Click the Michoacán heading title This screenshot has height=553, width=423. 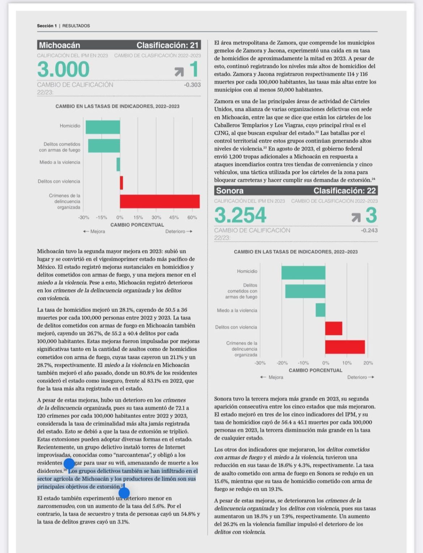[59, 45]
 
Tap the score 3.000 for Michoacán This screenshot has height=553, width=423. [63, 69]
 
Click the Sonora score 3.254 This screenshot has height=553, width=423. [240, 215]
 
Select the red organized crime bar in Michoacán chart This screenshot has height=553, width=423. [160, 201]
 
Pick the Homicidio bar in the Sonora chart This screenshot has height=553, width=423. [303, 273]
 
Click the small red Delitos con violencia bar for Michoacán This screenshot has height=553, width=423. [121, 183]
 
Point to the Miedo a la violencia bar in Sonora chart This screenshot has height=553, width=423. [320, 310]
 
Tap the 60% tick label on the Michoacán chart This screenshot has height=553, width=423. [192, 217]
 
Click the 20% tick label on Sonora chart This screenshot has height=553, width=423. [368, 363]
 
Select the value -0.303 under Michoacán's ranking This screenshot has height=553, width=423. [192, 85]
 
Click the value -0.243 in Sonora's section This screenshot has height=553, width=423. [369, 230]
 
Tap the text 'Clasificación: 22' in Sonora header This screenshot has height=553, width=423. [345, 191]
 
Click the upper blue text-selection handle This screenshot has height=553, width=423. [69, 463]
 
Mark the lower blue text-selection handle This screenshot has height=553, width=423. [124, 493]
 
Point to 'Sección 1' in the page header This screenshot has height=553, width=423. [47, 26]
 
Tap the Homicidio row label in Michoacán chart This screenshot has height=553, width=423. [70, 126]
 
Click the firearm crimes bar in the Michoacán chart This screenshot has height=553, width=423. [104, 146]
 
